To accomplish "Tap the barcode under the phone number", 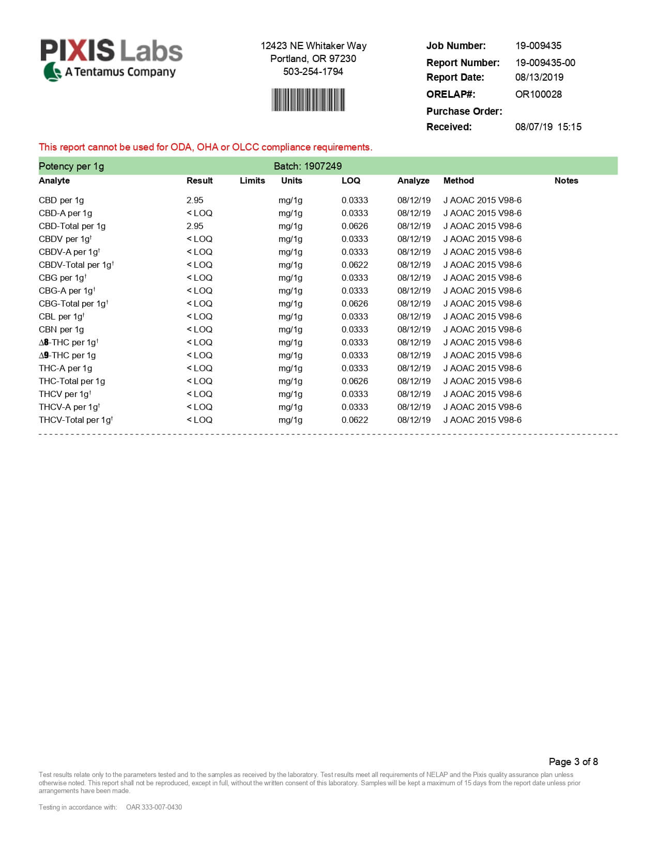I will [308, 100].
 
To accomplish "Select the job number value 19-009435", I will [538, 45].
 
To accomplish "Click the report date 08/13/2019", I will [539, 77].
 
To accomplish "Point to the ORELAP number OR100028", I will [538, 94].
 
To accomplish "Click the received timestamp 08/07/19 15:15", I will [548, 127].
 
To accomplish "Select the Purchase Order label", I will [464, 111].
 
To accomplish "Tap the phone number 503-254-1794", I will [313, 71].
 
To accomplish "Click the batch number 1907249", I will [323, 166].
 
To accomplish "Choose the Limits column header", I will [252, 180].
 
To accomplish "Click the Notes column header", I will [566, 180].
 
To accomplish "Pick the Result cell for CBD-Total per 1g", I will [195, 226].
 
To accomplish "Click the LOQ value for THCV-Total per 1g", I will [355, 420].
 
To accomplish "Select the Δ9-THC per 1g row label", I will [67, 355].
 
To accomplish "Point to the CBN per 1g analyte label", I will [61, 329].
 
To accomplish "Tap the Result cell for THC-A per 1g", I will [200, 368].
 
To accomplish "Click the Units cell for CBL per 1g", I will [290, 316].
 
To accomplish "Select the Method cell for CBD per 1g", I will [482, 200].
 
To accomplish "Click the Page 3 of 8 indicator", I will [573, 761].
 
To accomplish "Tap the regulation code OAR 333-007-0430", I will [154, 807].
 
